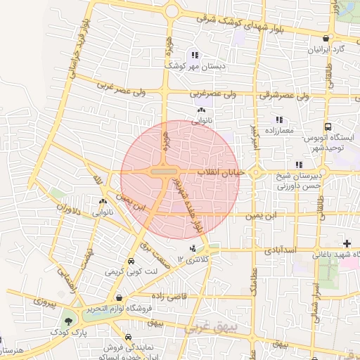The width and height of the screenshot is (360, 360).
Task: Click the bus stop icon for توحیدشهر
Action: (x=328, y=127)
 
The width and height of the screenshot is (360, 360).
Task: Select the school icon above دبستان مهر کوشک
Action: (x=195, y=55)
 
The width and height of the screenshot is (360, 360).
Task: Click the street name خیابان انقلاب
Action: (x=221, y=172)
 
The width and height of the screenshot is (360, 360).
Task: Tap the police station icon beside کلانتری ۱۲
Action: (x=193, y=247)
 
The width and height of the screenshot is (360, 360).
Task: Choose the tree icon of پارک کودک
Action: (x=68, y=321)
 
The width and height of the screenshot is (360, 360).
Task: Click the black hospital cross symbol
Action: (x=347, y=243)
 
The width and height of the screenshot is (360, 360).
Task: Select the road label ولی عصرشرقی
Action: (x=284, y=94)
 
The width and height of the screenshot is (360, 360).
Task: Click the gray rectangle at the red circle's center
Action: (x=165, y=172)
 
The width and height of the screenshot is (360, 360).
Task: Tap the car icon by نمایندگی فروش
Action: (x=127, y=337)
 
